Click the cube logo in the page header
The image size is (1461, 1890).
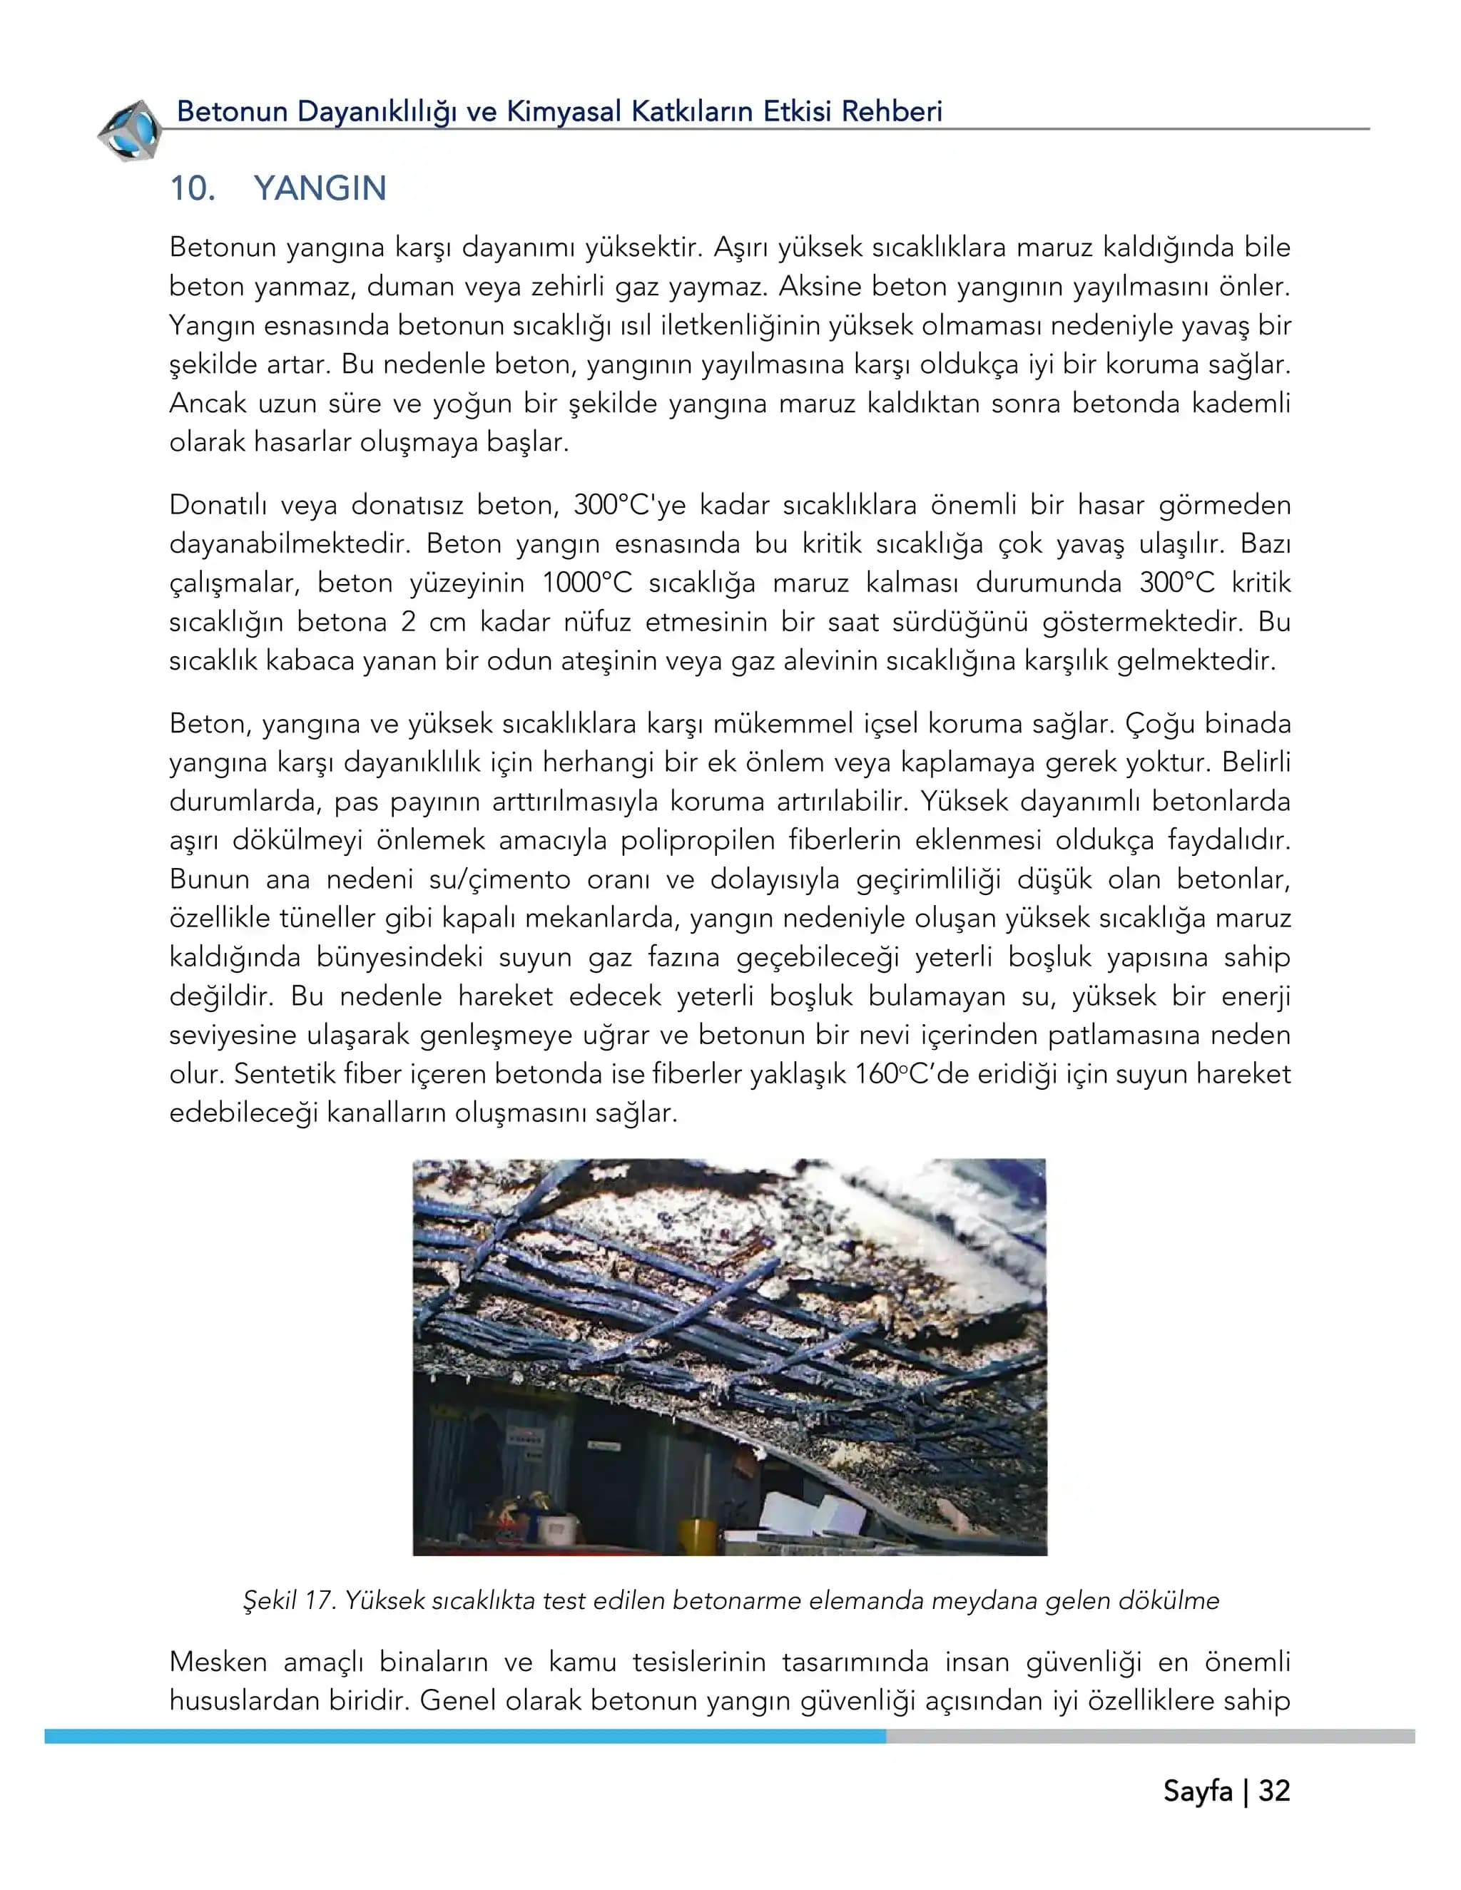130,131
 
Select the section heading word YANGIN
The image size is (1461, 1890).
320,189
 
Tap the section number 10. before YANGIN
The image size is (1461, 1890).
192,189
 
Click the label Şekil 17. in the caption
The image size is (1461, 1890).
288,1601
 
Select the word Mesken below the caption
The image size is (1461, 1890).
218,1662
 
